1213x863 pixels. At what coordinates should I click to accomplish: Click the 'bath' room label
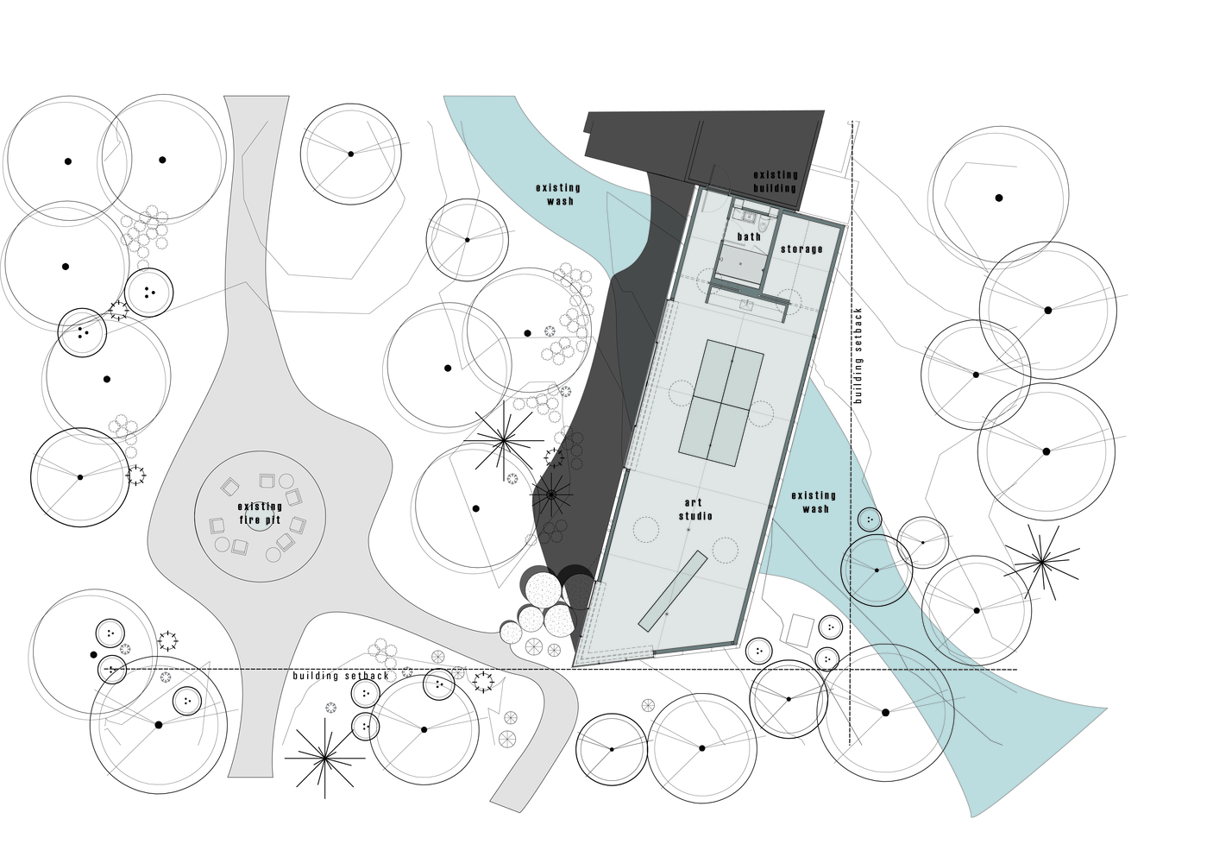[749, 236]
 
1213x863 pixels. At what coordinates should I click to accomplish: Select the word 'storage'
[801, 249]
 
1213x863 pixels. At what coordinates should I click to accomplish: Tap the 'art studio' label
[695, 509]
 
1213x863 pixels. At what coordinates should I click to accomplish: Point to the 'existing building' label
[776, 181]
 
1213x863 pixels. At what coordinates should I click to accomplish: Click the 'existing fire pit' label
[260, 513]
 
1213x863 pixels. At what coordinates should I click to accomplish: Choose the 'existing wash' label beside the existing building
[558, 194]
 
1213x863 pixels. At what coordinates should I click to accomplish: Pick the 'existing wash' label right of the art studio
[814, 502]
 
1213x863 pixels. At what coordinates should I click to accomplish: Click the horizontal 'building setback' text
[341, 676]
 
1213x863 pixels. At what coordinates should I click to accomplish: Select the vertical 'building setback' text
[858, 356]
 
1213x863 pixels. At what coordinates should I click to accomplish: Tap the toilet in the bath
[764, 224]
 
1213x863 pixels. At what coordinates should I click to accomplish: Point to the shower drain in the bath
[740, 264]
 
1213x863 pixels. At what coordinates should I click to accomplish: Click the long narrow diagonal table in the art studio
[673, 591]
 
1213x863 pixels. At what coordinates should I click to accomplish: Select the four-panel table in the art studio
[721, 403]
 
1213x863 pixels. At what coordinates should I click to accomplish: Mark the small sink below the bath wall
[747, 305]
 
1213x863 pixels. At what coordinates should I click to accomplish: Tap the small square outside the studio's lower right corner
[801, 630]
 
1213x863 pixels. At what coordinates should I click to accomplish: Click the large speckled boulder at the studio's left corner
[544, 590]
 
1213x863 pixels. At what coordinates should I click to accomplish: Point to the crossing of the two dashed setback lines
[851, 670]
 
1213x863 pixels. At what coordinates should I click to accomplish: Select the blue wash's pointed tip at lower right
[1106, 708]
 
